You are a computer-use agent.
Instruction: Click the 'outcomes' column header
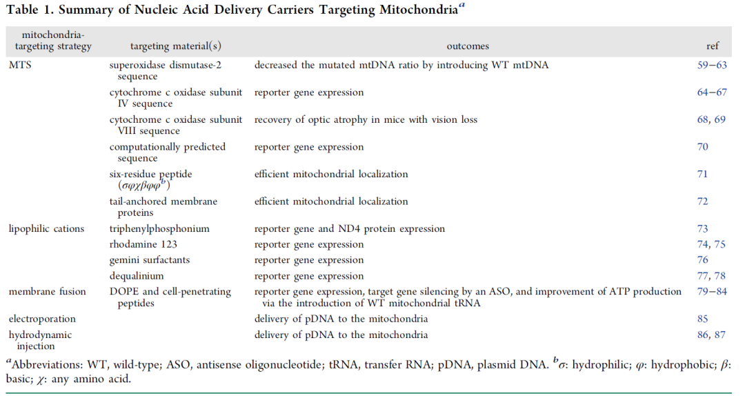(468, 46)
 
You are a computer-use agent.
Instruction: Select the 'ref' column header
(712, 46)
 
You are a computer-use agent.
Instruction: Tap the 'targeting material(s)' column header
(176, 46)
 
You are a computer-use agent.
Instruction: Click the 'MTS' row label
(20, 65)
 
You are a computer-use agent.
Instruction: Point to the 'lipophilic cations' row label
(47, 228)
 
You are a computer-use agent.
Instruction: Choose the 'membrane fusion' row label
(48, 291)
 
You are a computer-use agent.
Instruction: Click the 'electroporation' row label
(42, 319)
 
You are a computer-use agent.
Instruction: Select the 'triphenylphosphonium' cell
(159, 228)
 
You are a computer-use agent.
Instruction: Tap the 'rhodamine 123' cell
(143, 244)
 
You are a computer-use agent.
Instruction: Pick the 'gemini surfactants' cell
(149, 260)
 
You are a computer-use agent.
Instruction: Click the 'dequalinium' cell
(137, 276)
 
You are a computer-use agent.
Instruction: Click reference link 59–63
(712, 65)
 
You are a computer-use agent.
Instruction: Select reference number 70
(703, 147)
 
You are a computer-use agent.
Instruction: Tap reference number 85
(703, 319)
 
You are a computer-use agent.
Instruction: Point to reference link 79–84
(712, 291)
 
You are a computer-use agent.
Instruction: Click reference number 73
(703, 228)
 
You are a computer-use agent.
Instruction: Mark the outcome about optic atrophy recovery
(366, 120)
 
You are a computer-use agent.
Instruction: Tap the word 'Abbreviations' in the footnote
(47, 365)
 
